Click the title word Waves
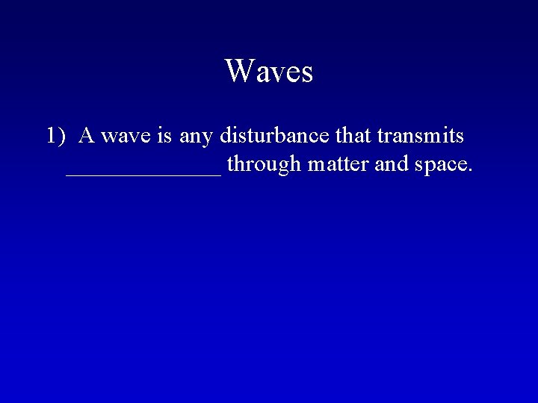click(268, 72)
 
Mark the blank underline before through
click(143, 174)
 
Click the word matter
click(334, 164)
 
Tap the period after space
click(470, 171)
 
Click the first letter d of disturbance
click(225, 137)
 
